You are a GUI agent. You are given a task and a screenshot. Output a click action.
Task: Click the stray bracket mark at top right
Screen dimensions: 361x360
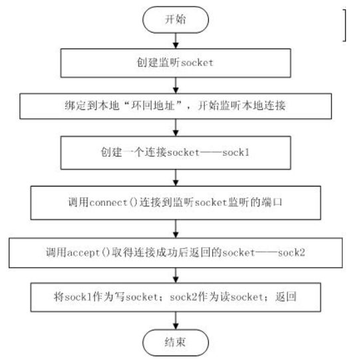click(x=344, y=27)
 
